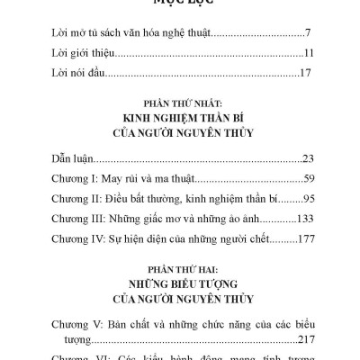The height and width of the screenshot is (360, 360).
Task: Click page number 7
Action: [x=309, y=32]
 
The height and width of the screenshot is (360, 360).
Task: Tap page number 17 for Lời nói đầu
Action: [x=306, y=72]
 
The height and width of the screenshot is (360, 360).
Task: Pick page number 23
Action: [x=306, y=157]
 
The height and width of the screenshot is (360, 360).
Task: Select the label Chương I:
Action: [x=74, y=178]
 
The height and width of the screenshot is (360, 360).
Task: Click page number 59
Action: [x=306, y=178]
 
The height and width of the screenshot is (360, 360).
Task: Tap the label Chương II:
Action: [x=76, y=198]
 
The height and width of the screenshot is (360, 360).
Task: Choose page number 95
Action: [x=306, y=198]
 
